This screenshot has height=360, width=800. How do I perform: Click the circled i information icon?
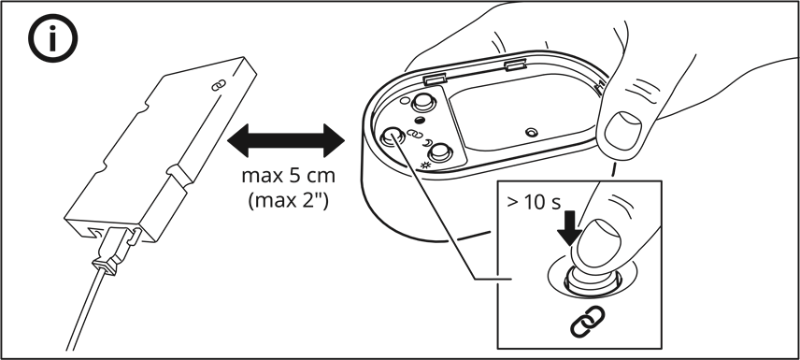tap(52, 37)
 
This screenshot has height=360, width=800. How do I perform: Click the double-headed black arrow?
tap(286, 140)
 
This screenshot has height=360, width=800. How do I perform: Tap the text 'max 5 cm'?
tap(288, 176)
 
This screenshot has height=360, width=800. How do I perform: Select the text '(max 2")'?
tap(288, 200)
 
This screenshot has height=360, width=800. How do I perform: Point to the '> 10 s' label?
tap(534, 202)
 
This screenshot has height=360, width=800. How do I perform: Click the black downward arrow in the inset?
tap(569, 228)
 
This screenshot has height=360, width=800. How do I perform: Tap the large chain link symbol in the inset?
tap(587, 322)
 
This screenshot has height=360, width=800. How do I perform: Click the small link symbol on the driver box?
tap(219, 85)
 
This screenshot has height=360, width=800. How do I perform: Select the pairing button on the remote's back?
tap(392, 137)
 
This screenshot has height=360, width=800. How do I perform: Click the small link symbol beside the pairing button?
tap(412, 135)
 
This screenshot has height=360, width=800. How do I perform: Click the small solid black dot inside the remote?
tap(420, 121)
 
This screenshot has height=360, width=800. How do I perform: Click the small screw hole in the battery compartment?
tap(532, 132)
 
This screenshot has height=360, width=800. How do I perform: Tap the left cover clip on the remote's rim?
tap(435, 79)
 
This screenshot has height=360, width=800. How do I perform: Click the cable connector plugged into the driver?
tap(115, 249)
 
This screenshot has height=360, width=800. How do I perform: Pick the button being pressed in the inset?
tap(592, 280)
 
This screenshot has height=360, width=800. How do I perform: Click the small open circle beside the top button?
tap(405, 101)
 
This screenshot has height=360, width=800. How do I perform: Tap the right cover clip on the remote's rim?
tap(515, 65)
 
